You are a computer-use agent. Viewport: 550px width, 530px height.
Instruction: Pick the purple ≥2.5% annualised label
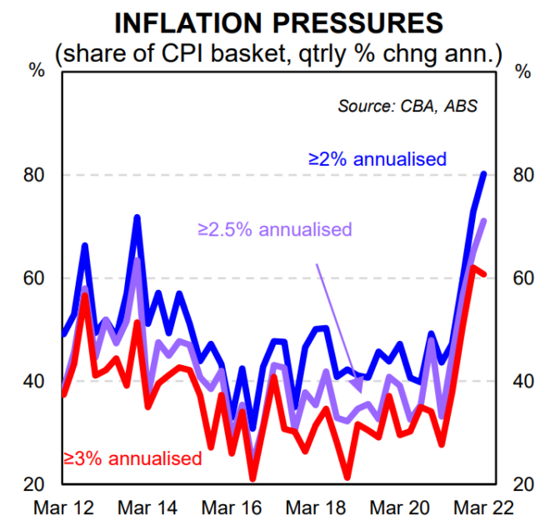click(x=274, y=229)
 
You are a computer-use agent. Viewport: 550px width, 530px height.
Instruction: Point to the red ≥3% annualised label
click(x=132, y=457)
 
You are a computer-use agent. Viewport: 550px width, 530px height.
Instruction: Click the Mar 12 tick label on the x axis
click(x=63, y=506)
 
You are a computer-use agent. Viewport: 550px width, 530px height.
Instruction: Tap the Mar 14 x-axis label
click(x=147, y=506)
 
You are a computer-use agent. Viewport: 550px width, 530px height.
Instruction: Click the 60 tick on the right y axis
click(x=522, y=278)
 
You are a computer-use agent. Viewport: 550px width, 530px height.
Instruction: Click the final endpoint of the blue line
click(x=485, y=173)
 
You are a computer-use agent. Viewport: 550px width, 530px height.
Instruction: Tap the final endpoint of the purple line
click(x=485, y=221)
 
